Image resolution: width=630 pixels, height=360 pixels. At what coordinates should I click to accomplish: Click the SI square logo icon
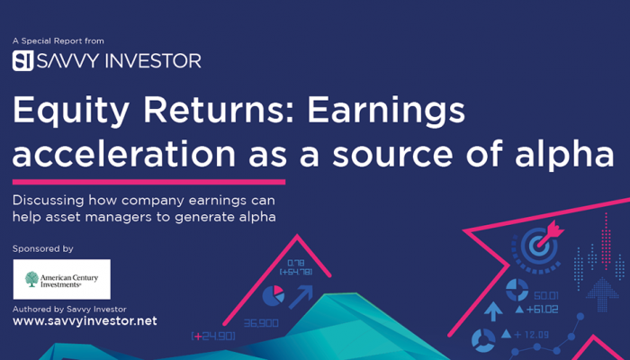tap(22, 60)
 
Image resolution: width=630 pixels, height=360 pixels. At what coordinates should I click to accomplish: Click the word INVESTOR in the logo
tap(153, 61)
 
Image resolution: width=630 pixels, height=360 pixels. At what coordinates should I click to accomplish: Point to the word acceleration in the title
tap(124, 154)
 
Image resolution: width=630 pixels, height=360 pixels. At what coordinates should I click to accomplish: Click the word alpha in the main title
tap(564, 155)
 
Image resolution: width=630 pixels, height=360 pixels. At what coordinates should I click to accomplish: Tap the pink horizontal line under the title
tap(149, 182)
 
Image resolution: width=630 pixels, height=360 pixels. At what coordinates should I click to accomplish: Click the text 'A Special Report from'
tap(58, 41)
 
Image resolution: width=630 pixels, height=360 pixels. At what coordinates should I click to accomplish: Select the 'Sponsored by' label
tap(43, 249)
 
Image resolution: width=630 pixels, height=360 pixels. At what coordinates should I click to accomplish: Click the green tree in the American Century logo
tap(31, 279)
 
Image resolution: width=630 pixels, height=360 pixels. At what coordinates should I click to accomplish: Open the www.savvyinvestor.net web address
tap(85, 321)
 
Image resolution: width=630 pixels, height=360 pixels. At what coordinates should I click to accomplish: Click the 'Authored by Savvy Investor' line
tap(69, 310)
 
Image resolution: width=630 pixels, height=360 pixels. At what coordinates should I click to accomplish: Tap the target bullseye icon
tap(536, 248)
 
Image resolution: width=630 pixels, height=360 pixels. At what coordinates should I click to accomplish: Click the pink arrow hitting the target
tap(550, 234)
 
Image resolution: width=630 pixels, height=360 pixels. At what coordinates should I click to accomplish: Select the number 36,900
tap(261, 323)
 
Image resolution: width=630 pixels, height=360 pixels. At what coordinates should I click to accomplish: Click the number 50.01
tap(546, 296)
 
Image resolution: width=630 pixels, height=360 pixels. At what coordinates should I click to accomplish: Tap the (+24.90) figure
tap(213, 336)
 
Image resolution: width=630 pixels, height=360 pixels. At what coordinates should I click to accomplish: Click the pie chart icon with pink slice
tap(274, 296)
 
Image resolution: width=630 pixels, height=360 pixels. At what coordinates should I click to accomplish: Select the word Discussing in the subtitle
tap(49, 201)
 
